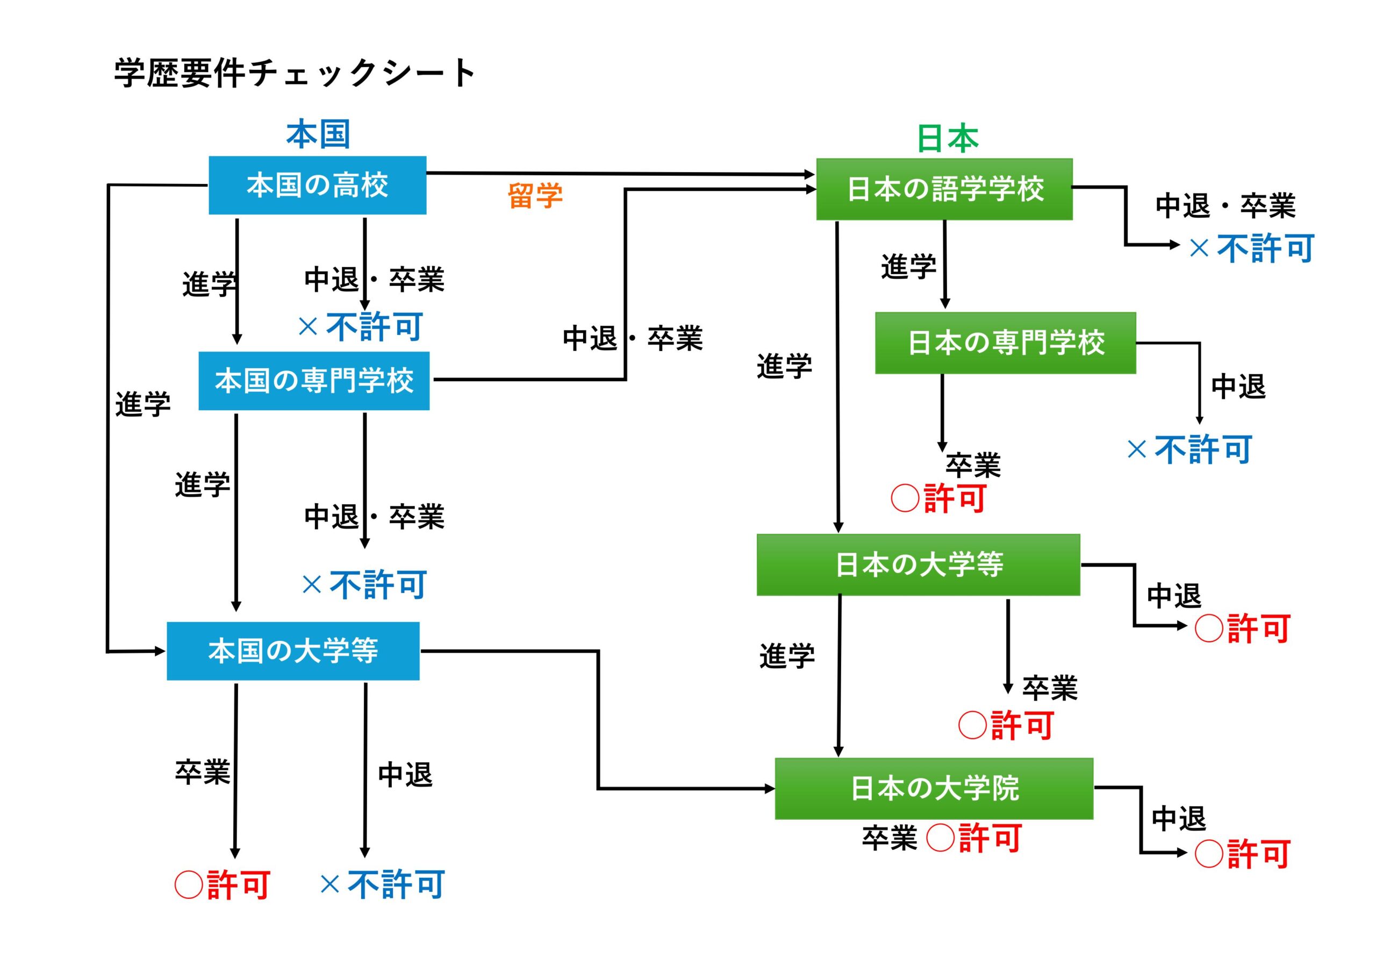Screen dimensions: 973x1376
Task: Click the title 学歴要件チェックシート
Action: [295, 73]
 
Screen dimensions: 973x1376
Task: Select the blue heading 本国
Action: [318, 134]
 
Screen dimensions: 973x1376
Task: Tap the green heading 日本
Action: [948, 139]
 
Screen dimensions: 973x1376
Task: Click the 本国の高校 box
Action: [317, 185]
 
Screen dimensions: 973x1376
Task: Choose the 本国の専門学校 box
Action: [314, 381]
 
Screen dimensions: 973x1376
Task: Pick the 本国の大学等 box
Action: [293, 650]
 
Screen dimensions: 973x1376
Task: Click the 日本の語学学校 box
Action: [944, 189]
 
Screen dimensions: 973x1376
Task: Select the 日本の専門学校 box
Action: [1005, 343]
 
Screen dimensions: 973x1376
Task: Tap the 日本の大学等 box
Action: [918, 565]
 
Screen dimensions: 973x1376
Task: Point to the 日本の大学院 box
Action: [934, 789]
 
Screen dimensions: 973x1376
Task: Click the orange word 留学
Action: [535, 196]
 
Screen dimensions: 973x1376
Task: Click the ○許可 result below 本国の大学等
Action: [223, 885]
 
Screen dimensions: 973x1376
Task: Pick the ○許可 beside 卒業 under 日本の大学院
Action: [974, 838]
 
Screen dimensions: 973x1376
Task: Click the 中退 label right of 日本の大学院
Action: [1178, 819]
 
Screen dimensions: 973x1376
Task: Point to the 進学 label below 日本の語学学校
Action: [908, 266]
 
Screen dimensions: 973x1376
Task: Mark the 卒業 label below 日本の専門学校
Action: [973, 465]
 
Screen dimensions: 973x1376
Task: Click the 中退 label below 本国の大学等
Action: [405, 775]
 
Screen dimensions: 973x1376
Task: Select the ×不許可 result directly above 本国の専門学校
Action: [360, 327]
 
